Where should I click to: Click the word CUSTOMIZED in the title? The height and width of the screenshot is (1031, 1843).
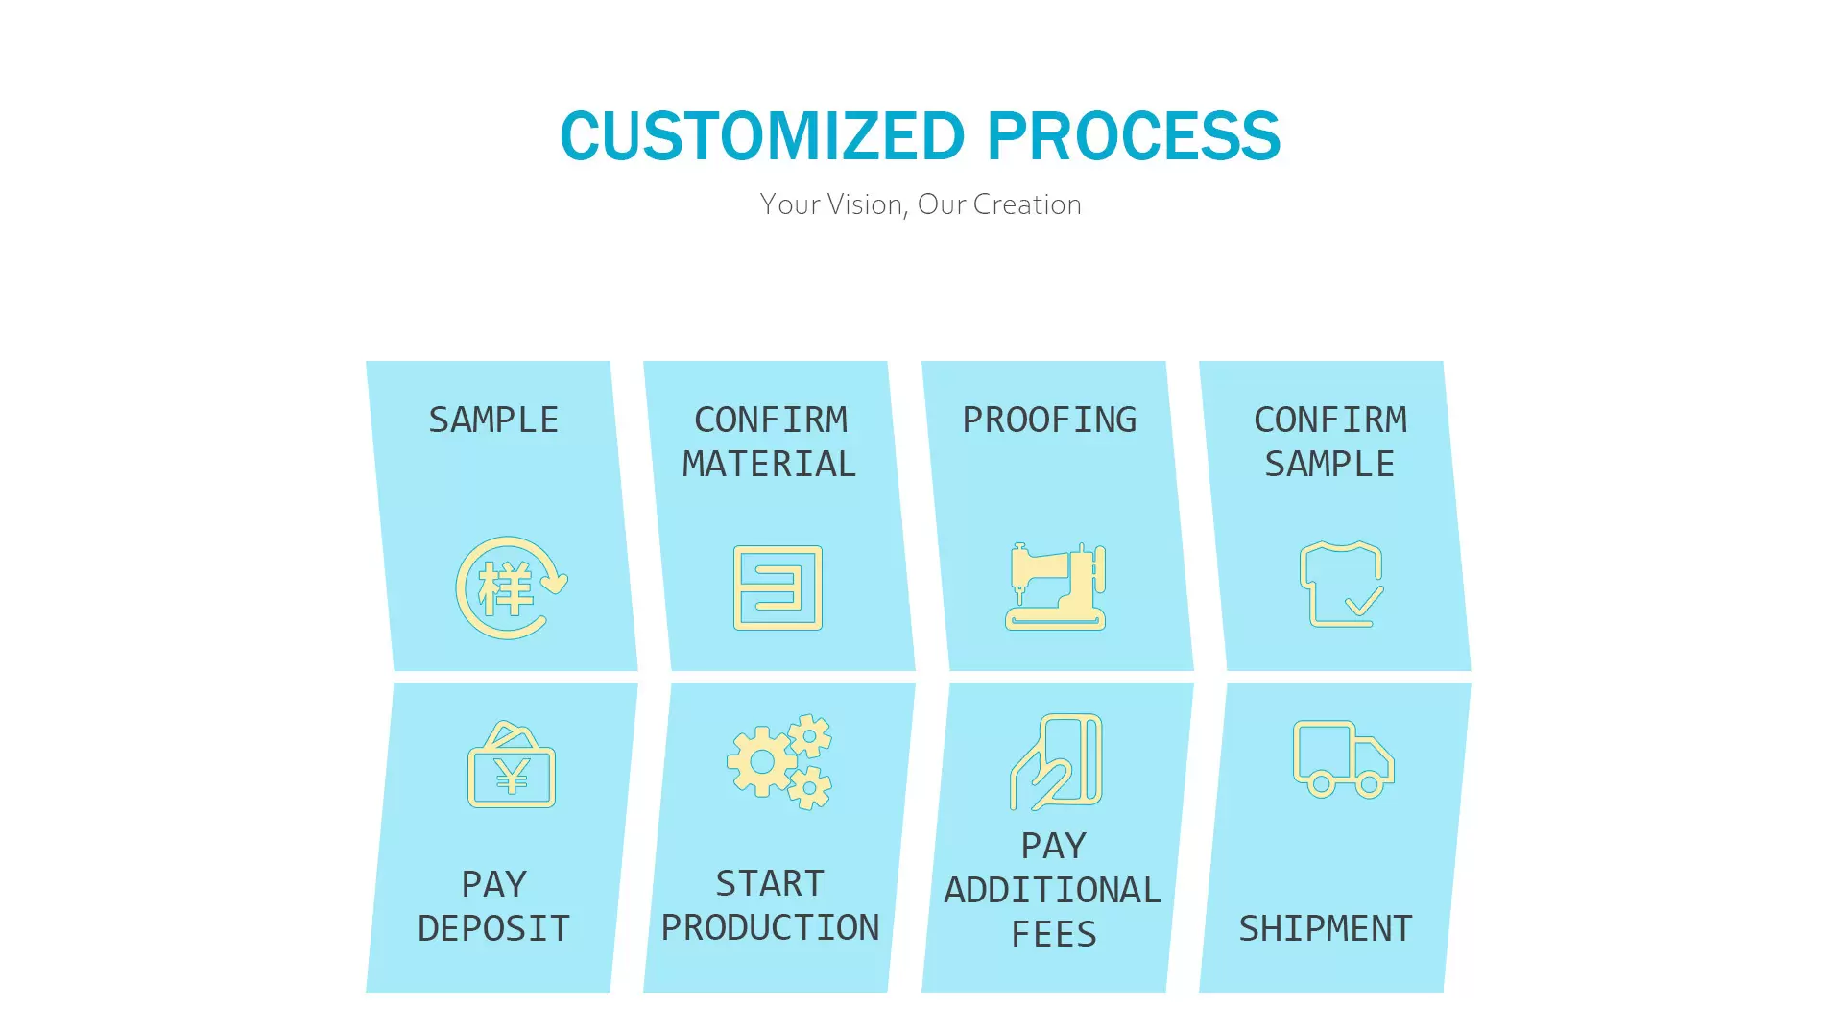(762, 135)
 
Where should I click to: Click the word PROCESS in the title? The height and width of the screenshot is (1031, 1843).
(1134, 135)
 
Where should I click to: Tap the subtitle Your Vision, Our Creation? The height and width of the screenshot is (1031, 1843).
(921, 204)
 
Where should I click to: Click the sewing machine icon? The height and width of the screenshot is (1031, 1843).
(1056, 586)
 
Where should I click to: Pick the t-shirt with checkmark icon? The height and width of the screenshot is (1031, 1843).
(1342, 584)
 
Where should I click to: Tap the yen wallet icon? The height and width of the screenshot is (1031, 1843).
(512, 764)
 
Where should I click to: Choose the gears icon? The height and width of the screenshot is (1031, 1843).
(779, 762)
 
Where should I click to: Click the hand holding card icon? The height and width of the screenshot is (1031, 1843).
(1056, 762)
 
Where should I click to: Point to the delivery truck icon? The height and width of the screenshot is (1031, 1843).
(1344, 759)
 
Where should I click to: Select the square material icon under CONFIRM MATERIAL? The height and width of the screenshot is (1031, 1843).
(778, 587)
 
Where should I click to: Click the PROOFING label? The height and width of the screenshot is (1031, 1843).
(1049, 420)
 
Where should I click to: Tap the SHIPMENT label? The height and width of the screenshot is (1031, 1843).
(1326, 928)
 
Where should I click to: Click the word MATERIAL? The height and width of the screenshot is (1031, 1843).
(769, 464)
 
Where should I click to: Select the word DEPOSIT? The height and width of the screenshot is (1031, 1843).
(493, 928)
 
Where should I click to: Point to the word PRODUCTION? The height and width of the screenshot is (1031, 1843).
(770, 927)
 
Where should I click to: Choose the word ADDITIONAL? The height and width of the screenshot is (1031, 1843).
(1053, 890)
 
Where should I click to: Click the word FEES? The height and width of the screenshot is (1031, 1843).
(1054, 934)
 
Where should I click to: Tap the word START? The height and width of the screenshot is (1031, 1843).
(770, 883)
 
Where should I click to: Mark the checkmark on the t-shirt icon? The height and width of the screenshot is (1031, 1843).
(1364, 600)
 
